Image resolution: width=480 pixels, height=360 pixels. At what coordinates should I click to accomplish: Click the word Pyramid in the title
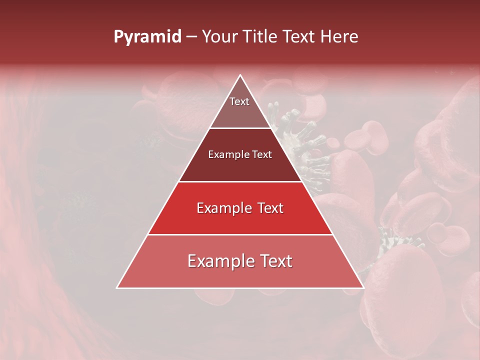(147, 37)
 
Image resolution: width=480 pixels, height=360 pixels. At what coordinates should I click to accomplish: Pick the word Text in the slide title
(300, 37)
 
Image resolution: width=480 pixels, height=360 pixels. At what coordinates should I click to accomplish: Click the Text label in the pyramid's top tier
(239, 101)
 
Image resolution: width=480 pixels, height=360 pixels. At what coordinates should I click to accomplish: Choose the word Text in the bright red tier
(270, 208)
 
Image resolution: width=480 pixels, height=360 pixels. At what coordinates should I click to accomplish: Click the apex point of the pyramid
(240, 75)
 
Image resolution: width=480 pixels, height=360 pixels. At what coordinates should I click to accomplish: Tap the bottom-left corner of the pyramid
(117, 287)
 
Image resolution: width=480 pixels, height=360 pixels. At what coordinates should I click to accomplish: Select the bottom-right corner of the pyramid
(363, 287)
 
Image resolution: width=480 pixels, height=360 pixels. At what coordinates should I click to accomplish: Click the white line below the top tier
(240, 128)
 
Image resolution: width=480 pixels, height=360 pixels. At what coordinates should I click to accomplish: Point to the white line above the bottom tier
(240, 234)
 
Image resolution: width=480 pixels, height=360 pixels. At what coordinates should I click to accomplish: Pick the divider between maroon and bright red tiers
(240, 181)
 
